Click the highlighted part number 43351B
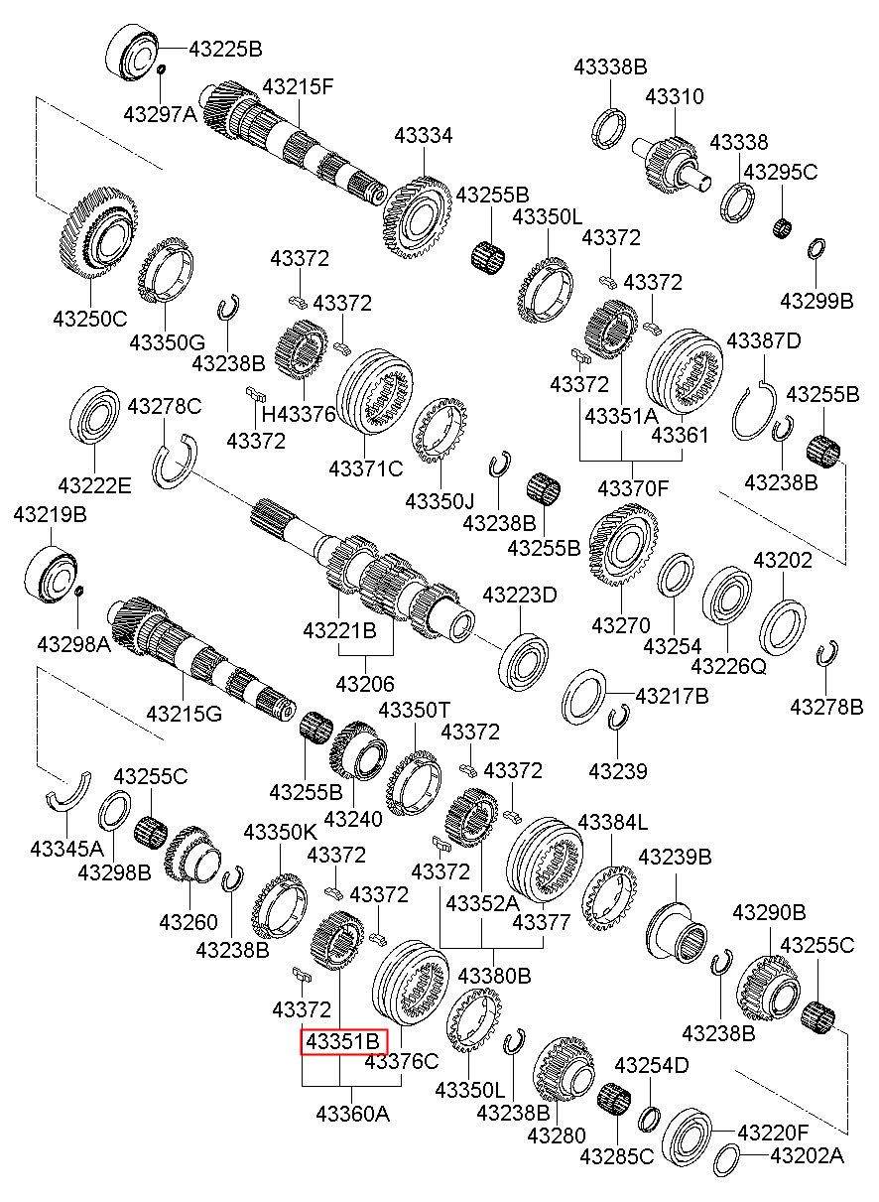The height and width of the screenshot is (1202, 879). click(342, 1042)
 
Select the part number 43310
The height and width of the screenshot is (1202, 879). click(675, 97)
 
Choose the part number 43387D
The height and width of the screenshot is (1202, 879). click(764, 341)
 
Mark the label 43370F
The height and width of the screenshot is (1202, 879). click(633, 487)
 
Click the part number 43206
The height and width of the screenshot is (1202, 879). click(364, 684)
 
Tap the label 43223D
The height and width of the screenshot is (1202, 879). click(520, 595)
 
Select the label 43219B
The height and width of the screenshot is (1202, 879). click(50, 515)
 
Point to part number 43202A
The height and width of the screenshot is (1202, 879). click(807, 1155)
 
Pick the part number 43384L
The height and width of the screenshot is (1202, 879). click(612, 822)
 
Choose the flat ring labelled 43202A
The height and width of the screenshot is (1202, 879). click(726, 1157)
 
